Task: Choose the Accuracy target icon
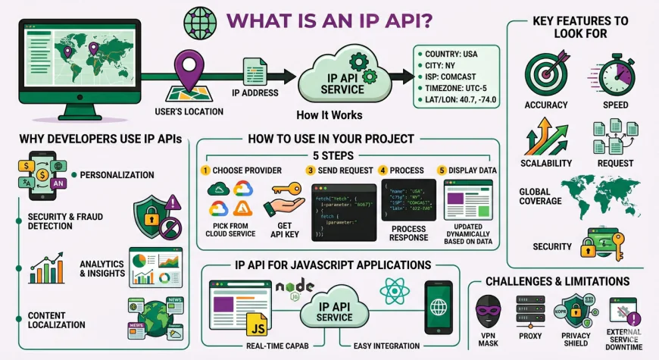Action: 545,72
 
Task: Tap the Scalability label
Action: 546,163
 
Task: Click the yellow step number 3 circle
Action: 310,170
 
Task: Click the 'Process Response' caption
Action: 408,232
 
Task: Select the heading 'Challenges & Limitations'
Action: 567,281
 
